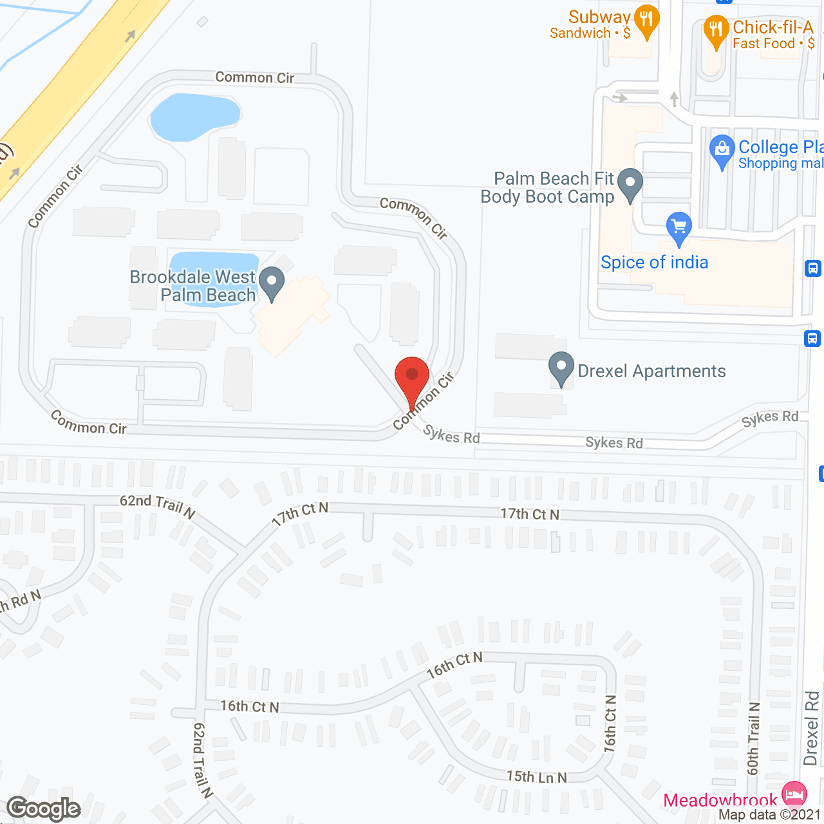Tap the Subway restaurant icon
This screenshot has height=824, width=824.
(x=646, y=21)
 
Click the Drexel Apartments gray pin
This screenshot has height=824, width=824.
(x=561, y=368)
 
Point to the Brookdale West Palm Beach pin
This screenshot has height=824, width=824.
(x=272, y=283)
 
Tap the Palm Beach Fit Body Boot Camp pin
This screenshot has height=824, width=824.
(x=630, y=184)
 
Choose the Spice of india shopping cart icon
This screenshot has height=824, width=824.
(x=679, y=229)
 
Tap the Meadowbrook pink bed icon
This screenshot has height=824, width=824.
(x=795, y=793)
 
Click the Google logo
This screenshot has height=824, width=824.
(x=44, y=809)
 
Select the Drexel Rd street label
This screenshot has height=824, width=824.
(x=811, y=728)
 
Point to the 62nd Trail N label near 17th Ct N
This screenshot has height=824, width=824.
(x=158, y=505)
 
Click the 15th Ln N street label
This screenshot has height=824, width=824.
(x=536, y=777)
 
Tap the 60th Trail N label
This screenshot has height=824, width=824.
(x=754, y=738)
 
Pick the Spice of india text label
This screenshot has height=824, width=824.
(x=654, y=263)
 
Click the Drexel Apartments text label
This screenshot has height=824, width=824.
(x=651, y=371)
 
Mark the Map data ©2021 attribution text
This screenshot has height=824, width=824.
(x=770, y=815)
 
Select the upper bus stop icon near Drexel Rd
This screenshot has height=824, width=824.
(x=813, y=268)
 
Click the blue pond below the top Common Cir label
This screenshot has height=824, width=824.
(x=194, y=117)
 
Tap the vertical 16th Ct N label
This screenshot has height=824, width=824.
(x=610, y=723)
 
